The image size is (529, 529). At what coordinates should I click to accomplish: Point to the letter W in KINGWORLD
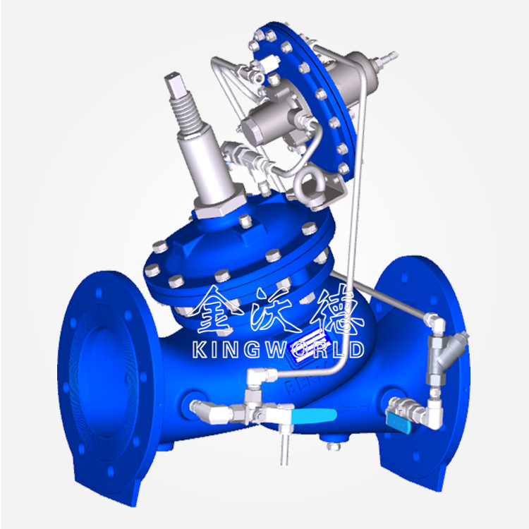(x=276, y=349)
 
